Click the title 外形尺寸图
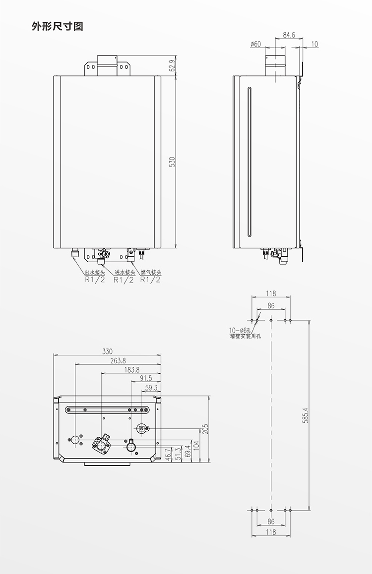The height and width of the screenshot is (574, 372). (x=58, y=26)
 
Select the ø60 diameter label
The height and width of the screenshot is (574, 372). (x=255, y=44)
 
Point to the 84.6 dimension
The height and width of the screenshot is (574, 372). (x=289, y=35)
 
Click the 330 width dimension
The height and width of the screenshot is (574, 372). (x=107, y=351)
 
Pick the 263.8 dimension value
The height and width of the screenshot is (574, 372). (x=118, y=360)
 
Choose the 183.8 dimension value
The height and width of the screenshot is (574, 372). (x=131, y=370)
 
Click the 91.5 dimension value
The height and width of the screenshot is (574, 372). (x=146, y=379)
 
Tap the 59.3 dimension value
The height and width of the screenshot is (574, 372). (x=151, y=387)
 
